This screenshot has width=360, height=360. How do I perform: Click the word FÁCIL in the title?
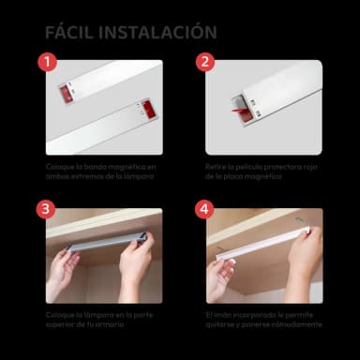(x=70, y=32)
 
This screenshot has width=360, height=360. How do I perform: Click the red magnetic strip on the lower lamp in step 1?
(x=148, y=110)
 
